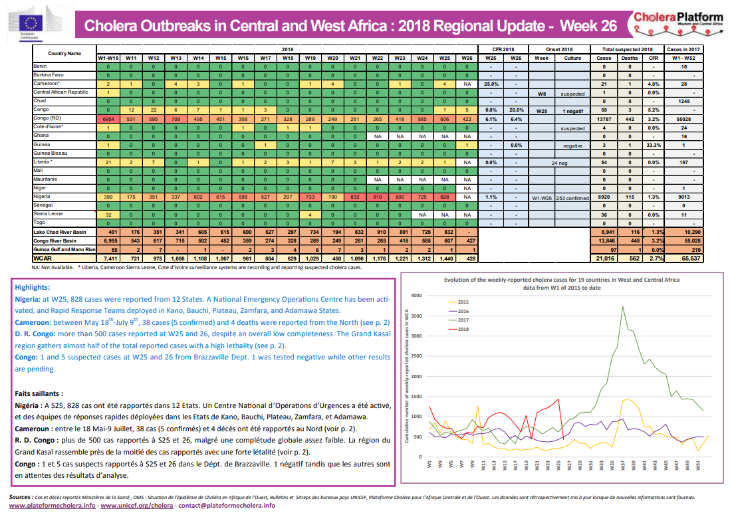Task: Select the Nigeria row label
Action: coord(42,197)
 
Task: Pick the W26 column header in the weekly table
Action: coord(468,58)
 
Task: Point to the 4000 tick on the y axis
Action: coord(416,295)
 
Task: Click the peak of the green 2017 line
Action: coord(622,306)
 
